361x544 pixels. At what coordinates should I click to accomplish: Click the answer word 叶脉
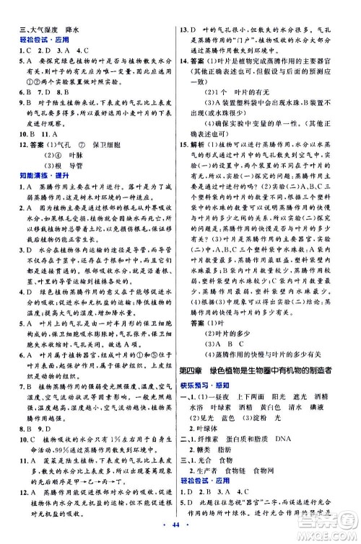[54, 156]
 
